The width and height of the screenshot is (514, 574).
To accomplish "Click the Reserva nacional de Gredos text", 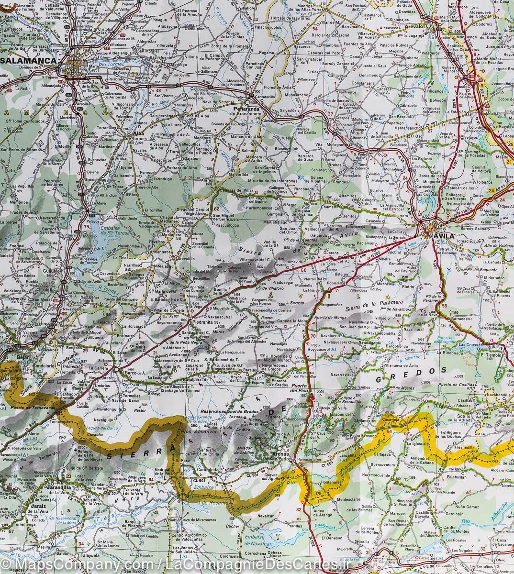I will [x=233, y=411].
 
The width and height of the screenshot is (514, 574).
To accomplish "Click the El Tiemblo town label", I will [x=492, y=355].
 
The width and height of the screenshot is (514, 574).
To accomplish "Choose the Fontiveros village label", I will [x=333, y=91].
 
